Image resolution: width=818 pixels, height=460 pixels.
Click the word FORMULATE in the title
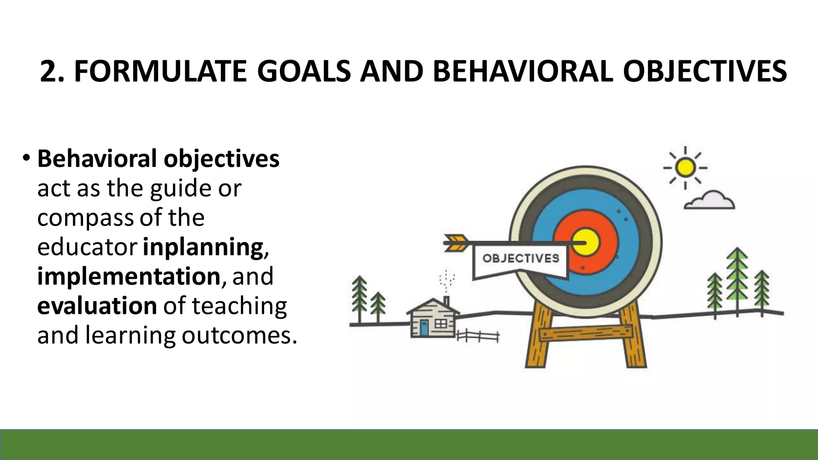pos(160,71)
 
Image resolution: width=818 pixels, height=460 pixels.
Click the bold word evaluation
pos(97,306)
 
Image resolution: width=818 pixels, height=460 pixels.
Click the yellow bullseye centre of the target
pos(585,242)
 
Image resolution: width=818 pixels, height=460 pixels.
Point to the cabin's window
pos(441,323)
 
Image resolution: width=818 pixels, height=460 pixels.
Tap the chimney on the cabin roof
pos(447,301)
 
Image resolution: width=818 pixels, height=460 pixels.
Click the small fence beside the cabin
pos(478,336)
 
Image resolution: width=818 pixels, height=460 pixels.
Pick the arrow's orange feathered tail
pos(455,243)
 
